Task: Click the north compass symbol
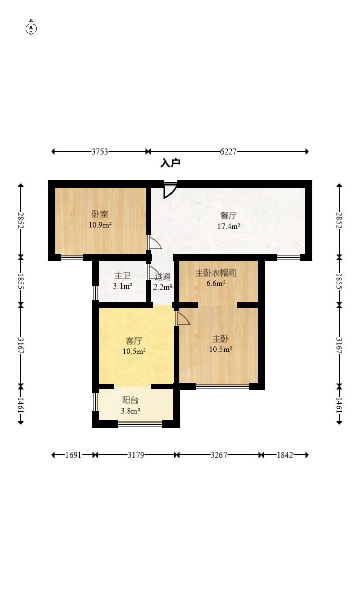click(x=31, y=28)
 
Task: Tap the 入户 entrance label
click(x=170, y=163)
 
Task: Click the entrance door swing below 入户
click(x=169, y=190)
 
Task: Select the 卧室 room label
click(x=100, y=214)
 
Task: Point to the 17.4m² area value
click(x=229, y=226)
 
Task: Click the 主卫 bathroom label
click(x=123, y=276)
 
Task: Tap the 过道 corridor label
click(x=163, y=277)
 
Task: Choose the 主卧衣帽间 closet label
click(x=215, y=273)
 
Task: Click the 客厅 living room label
click(x=134, y=341)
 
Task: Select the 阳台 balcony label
click(x=130, y=400)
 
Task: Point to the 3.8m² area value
click(x=130, y=411)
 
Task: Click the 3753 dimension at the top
click(x=99, y=151)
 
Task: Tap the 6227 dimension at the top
click(x=228, y=151)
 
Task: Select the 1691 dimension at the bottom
click(x=73, y=455)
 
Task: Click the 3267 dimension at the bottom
click(x=218, y=455)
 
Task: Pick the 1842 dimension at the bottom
click(x=284, y=455)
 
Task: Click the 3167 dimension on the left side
click(x=21, y=346)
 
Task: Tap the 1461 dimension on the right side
click(x=339, y=405)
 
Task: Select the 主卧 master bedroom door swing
click(x=182, y=318)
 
